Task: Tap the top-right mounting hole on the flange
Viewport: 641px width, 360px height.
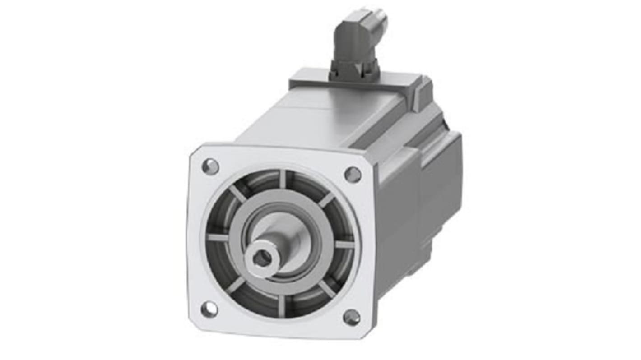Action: coord(353,175)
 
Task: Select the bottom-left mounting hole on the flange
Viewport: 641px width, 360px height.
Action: coord(209,310)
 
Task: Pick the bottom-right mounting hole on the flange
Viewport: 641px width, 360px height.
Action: coord(352,317)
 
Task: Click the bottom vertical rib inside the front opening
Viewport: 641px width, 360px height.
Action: coord(282,306)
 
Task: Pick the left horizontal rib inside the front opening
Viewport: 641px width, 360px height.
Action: coord(218,237)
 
